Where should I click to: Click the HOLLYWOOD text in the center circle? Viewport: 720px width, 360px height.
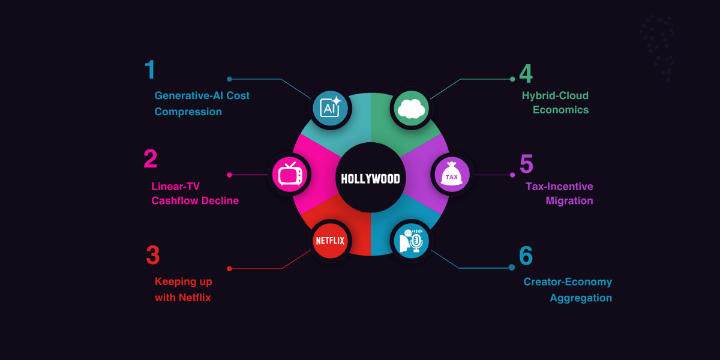click(370, 179)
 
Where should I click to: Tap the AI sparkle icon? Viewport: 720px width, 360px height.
click(331, 107)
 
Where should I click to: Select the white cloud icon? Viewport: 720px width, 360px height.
click(412, 109)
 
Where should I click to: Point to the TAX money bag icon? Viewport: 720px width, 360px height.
click(451, 175)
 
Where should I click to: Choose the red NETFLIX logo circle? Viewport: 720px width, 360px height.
click(330, 241)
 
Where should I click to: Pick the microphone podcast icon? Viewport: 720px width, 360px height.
click(412, 241)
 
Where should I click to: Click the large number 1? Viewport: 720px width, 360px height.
click(150, 70)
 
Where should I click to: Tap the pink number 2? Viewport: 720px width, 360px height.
click(151, 159)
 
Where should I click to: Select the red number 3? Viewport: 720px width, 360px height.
click(153, 255)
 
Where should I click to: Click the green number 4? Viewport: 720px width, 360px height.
click(526, 73)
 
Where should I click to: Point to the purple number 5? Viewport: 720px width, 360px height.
click(526, 164)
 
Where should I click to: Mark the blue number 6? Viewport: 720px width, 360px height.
click(526, 256)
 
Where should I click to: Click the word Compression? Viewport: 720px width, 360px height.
click(188, 112)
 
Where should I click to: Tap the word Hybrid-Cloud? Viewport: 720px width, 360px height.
click(555, 95)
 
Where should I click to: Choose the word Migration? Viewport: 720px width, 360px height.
click(569, 201)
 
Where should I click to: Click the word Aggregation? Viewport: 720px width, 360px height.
click(581, 298)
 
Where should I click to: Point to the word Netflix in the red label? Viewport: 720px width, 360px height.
click(195, 298)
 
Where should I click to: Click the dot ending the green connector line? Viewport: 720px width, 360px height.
click(512, 79)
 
